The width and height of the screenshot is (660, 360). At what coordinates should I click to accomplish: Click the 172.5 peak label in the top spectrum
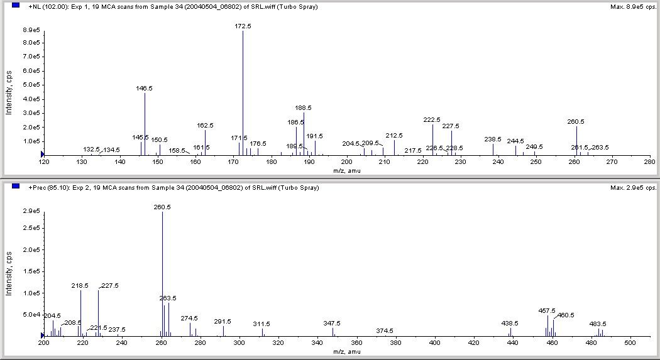tap(243, 26)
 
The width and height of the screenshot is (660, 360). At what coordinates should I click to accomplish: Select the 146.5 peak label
tap(145, 89)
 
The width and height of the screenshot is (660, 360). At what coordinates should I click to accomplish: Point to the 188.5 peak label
tap(304, 107)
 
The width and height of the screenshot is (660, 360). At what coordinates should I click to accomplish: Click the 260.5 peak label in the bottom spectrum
tap(162, 207)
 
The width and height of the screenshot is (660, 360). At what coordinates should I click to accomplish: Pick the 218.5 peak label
tap(80, 285)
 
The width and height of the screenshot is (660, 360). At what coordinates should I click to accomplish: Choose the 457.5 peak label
tap(547, 310)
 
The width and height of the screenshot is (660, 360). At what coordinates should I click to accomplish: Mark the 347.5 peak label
tap(332, 323)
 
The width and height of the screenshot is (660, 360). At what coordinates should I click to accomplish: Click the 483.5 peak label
tap(598, 324)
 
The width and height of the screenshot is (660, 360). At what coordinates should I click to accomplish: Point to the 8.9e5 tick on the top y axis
tap(30, 30)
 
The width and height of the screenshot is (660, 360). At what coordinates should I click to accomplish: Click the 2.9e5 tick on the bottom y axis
tap(30, 211)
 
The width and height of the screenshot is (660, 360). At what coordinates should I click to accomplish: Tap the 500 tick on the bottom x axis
tap(629, 343)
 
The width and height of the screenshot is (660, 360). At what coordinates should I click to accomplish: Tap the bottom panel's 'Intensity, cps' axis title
tap(9, 274)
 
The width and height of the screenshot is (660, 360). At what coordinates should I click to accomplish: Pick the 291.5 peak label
tap(223, 321)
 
